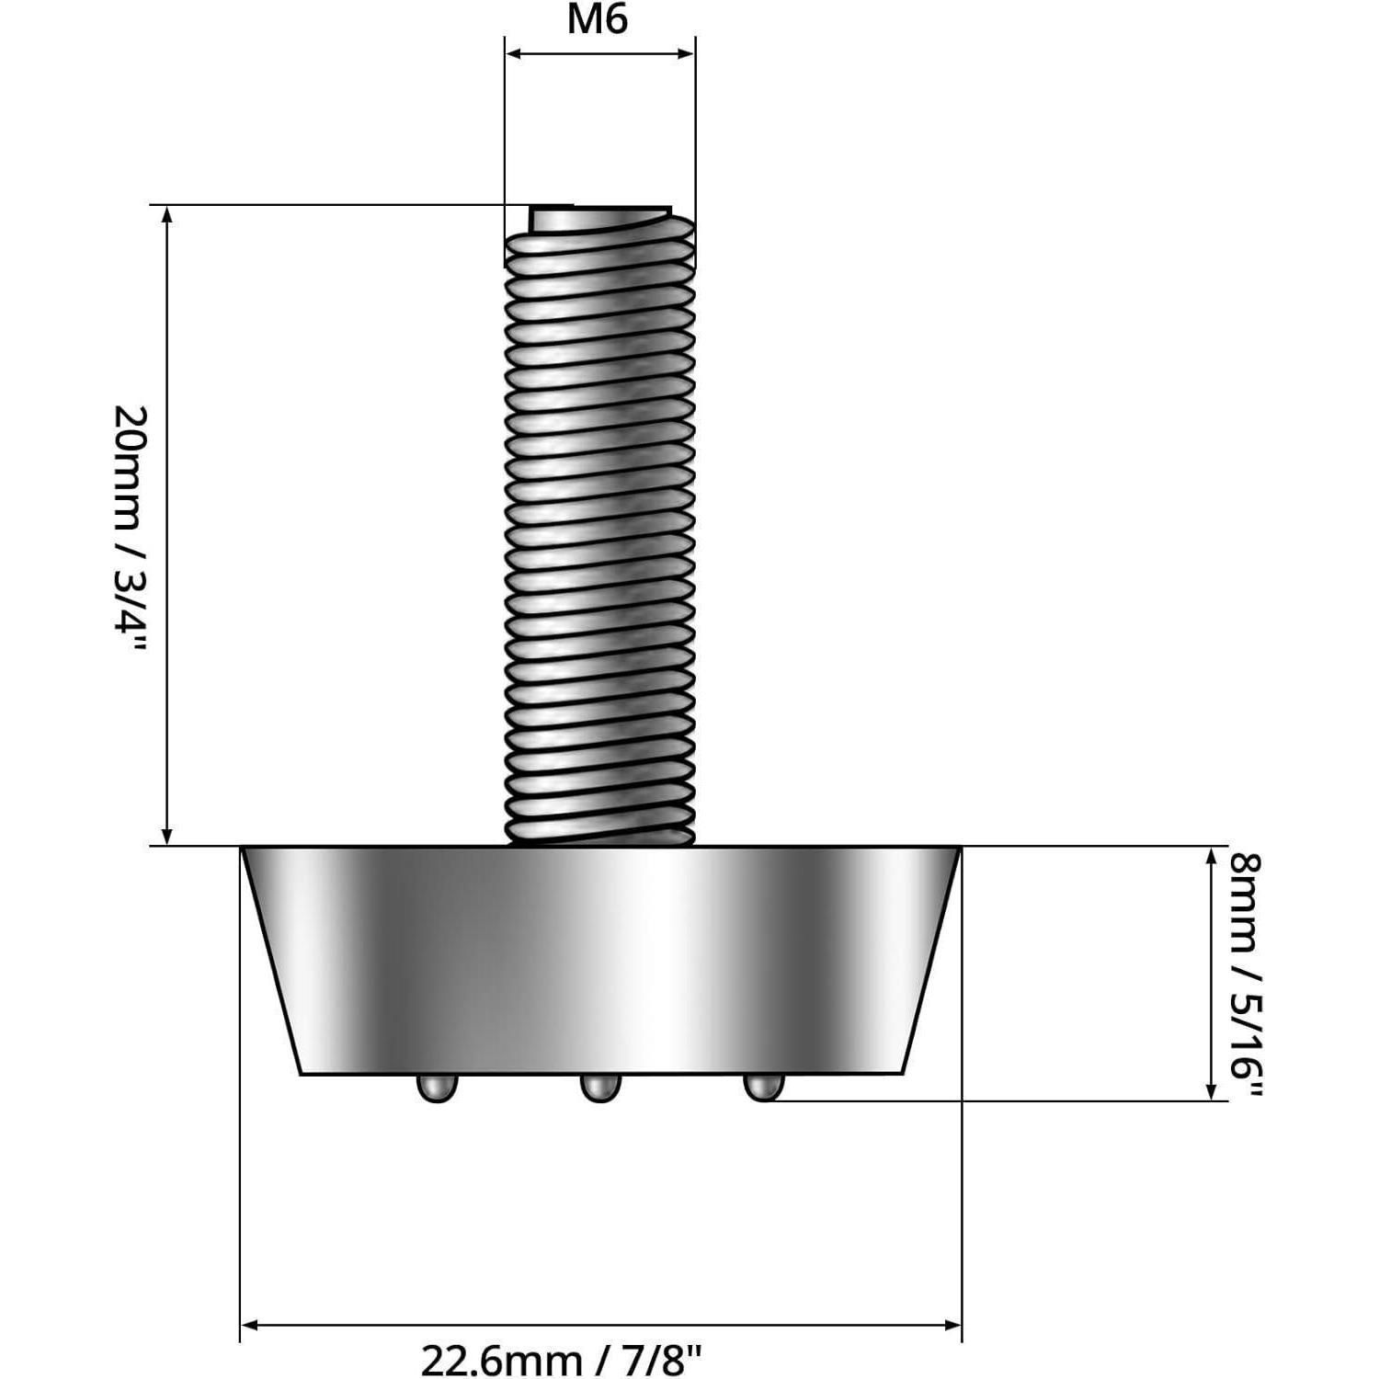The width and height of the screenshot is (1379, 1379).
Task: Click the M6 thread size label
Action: (598, 19)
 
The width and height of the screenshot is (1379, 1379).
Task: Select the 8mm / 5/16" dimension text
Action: (1248, 974)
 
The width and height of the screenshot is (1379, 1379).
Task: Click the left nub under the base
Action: (437, 1088)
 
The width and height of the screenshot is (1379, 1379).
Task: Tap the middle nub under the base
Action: (599, 1088)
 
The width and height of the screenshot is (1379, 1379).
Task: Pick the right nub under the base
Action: (763, 1087)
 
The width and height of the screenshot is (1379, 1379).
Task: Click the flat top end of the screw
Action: (599, 217)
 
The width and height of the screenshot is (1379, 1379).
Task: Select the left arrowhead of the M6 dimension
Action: (514, 54)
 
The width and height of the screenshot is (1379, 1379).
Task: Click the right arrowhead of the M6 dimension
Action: (686, 54)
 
